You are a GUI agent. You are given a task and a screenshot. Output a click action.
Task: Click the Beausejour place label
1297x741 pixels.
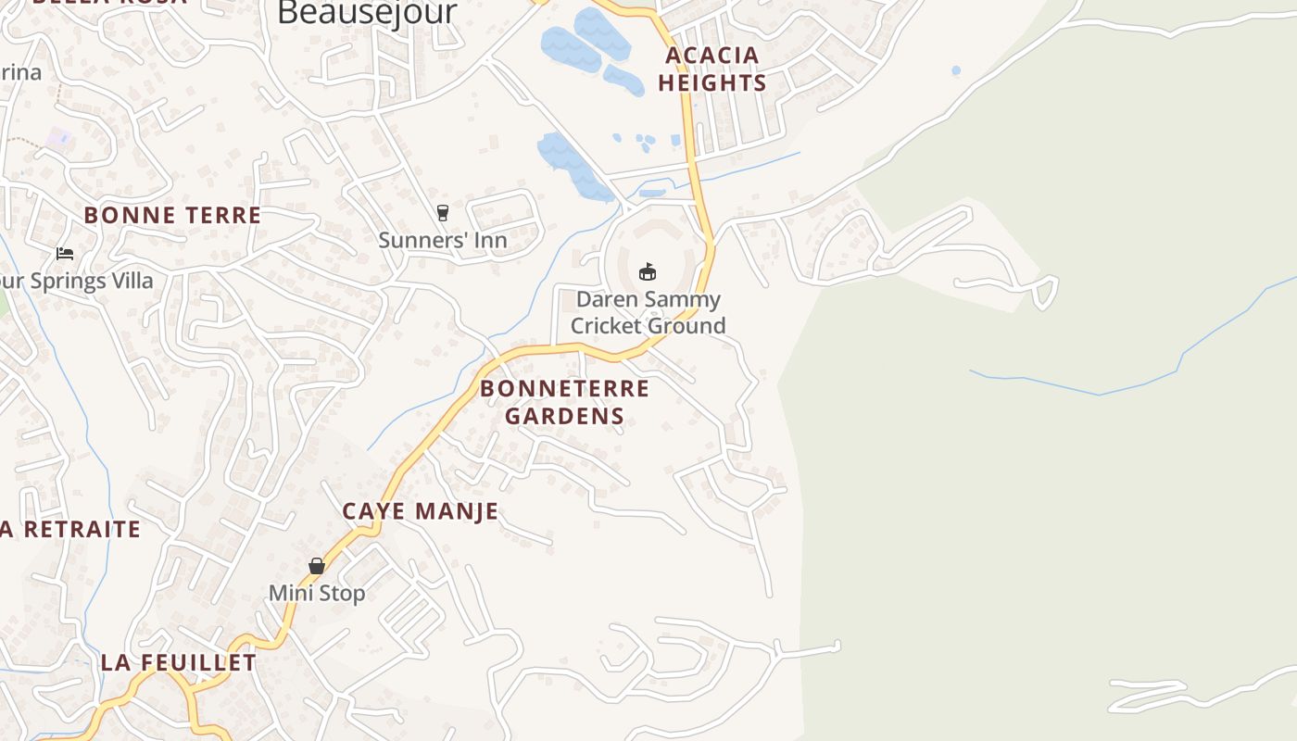click(x=367, y=12)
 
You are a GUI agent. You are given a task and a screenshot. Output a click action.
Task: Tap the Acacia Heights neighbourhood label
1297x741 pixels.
click(x=712, y=69)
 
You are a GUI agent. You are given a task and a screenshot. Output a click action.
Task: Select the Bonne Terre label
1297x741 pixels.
click(x=172, y=215)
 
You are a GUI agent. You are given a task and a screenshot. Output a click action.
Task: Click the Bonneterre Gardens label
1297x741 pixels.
click(x=565, y=401)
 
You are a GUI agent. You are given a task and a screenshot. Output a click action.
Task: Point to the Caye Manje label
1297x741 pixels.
click(x=421, y=510)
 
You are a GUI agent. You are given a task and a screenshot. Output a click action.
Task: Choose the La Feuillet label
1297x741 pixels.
click(x=179, y=662)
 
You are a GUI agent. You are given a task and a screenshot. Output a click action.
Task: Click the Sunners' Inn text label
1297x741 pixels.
click(x=443, y=241)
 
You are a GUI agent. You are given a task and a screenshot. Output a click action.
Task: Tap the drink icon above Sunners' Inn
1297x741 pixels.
click(x=443, y=213)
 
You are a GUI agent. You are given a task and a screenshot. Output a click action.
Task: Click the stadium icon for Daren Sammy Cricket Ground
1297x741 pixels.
click(x=648, y=271)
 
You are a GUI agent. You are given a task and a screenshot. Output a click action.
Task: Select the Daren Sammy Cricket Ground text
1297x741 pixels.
click(x=648, y=312)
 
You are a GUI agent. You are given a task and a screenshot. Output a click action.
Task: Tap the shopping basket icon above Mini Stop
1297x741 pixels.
click(x=317, y=565)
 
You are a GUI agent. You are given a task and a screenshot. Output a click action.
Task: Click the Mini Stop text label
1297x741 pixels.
click(x=317, y=593)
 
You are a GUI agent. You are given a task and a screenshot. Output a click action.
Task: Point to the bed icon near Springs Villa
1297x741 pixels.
click(x=65, y=253)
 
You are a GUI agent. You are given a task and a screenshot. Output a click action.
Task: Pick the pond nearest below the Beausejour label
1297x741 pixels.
click(x=567, y=48)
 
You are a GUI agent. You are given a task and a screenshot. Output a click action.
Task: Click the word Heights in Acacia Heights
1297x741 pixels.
click(x=712, y=82)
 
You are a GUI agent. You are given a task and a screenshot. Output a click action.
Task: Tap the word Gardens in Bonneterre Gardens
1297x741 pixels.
click(x=565, y=415)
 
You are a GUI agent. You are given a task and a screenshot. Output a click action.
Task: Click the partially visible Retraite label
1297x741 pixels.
click(x=71, y=529)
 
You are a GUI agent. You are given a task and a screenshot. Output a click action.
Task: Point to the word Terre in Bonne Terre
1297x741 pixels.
click(x=219, y=215)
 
